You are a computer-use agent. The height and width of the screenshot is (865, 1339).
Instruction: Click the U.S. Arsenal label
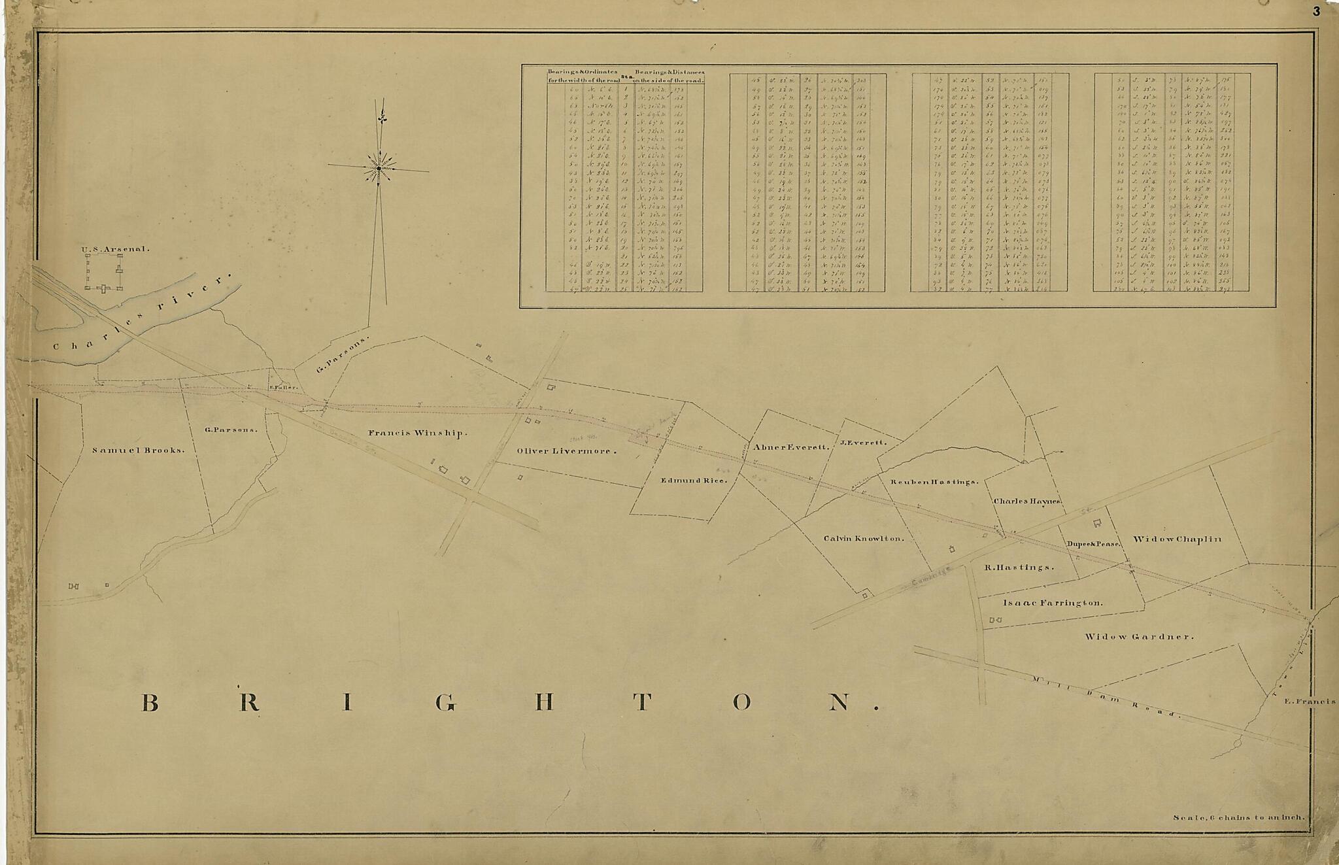pos(116,249)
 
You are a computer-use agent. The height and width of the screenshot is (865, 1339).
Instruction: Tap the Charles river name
pos(141,314)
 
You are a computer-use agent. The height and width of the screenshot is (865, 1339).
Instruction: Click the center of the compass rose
pos(379,169)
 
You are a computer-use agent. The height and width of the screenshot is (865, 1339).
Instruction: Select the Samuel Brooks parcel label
pos(138,450)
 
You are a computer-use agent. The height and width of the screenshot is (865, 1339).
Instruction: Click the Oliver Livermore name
pos(566,451)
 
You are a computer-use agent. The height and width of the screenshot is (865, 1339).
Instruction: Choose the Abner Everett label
pos(791,448)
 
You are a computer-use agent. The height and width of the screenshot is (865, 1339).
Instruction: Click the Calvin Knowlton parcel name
pos(863,539)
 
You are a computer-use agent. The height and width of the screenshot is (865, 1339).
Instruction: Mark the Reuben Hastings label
pos(934,482)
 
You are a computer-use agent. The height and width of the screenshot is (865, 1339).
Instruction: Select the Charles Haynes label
pos(1026,501)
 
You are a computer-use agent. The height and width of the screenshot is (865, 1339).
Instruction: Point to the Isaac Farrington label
pos(1053,603)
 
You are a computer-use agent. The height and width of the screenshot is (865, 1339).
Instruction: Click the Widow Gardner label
pos(1139,637)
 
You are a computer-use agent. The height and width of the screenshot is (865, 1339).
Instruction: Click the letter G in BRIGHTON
pos(445,703)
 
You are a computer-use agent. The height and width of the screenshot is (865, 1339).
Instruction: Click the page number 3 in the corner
pos(1316,11)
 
